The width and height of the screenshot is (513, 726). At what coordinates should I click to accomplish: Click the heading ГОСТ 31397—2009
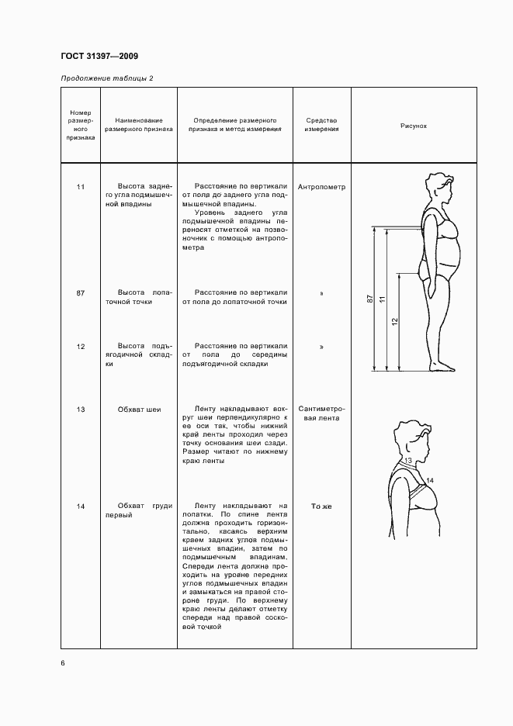click(x=99, y=57)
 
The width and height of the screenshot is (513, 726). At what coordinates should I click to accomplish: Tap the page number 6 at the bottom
click(x=63, y=662)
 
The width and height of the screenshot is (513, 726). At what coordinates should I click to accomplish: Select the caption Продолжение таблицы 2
click(x=107, y=78)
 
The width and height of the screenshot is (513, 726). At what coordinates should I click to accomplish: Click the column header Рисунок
click(x=414, y=125)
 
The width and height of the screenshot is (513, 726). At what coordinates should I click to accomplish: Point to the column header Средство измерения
click(x=321, y=125)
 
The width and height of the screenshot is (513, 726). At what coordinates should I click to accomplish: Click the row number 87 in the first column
click(x=81, y=292)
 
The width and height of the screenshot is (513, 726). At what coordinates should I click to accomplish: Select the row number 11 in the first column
click(x=81, y=187)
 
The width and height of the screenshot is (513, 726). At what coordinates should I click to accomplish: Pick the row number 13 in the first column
click(x=81, y=409)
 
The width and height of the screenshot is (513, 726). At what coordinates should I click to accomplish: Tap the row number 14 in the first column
click(x=81, y=506)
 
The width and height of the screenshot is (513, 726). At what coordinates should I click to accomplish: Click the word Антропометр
click(x=321, y=187)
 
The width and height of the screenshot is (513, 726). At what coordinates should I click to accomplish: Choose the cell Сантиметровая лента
click(x=321, y=413)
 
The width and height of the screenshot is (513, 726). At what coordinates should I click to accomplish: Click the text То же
click(x=321, y=506)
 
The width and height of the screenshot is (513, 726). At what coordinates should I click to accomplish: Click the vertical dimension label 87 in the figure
click(x=370, y=299)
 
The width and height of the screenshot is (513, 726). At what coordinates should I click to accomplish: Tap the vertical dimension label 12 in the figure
click(x=394, y=321)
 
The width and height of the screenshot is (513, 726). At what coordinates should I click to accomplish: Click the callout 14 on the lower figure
click(x=430, y=481)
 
